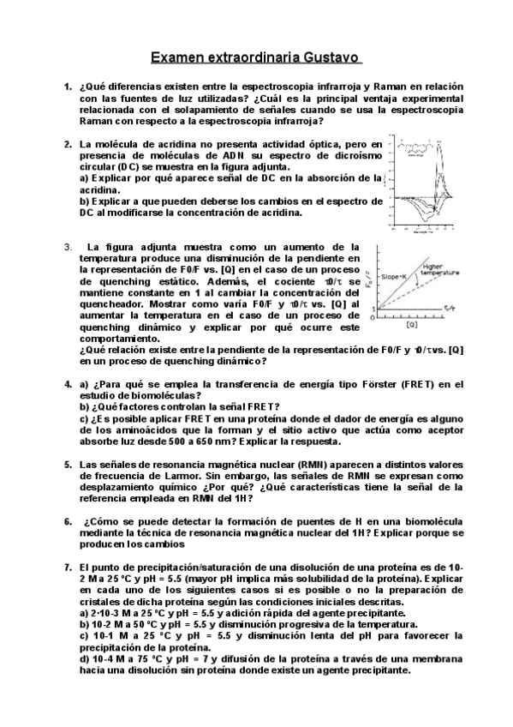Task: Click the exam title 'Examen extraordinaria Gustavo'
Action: [256, 57]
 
